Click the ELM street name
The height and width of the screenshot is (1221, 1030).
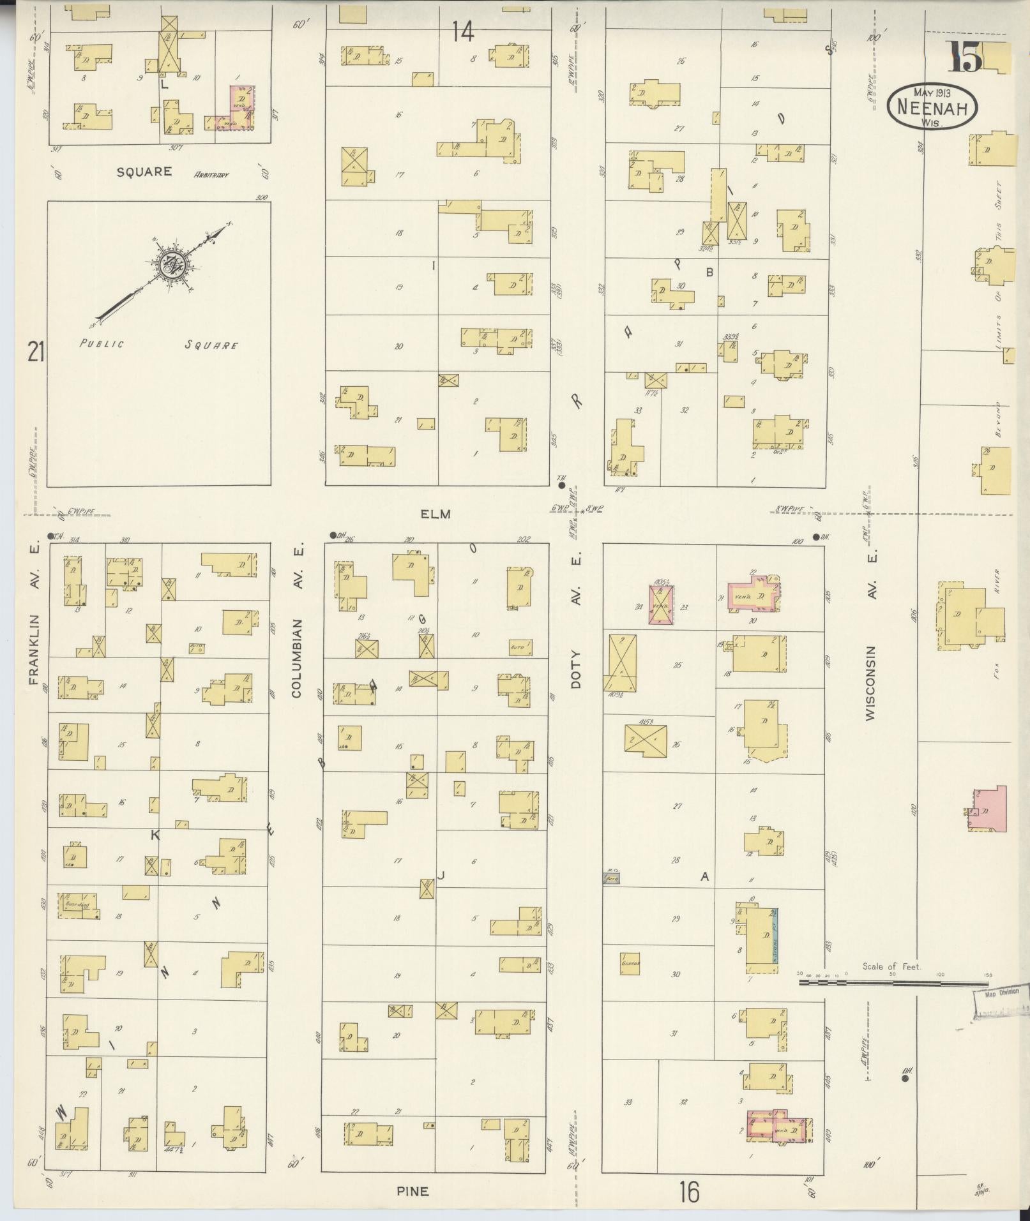click(436, 514)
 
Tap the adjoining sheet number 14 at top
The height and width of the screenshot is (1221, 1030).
click(464, 31)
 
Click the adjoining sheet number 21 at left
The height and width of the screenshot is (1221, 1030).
click(36, 351)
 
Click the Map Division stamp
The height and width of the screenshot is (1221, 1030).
click(1001, 1011)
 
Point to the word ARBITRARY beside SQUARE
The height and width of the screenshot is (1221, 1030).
click(211, 174)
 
